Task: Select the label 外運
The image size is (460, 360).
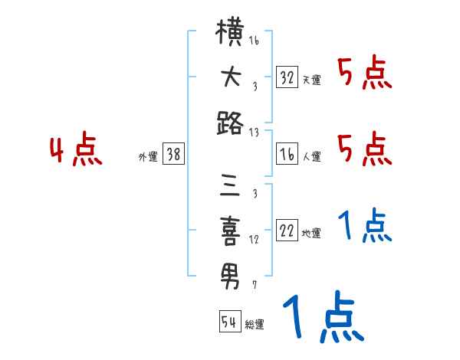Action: pyautogui.click(x=147, y=157)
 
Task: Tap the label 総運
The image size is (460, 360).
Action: pyautogui.click(x=254, y=324)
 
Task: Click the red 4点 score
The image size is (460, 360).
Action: pyautogui.click(x=75, y=152)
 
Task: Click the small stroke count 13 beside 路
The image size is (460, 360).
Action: pyautogui.click(x=254, y=132)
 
